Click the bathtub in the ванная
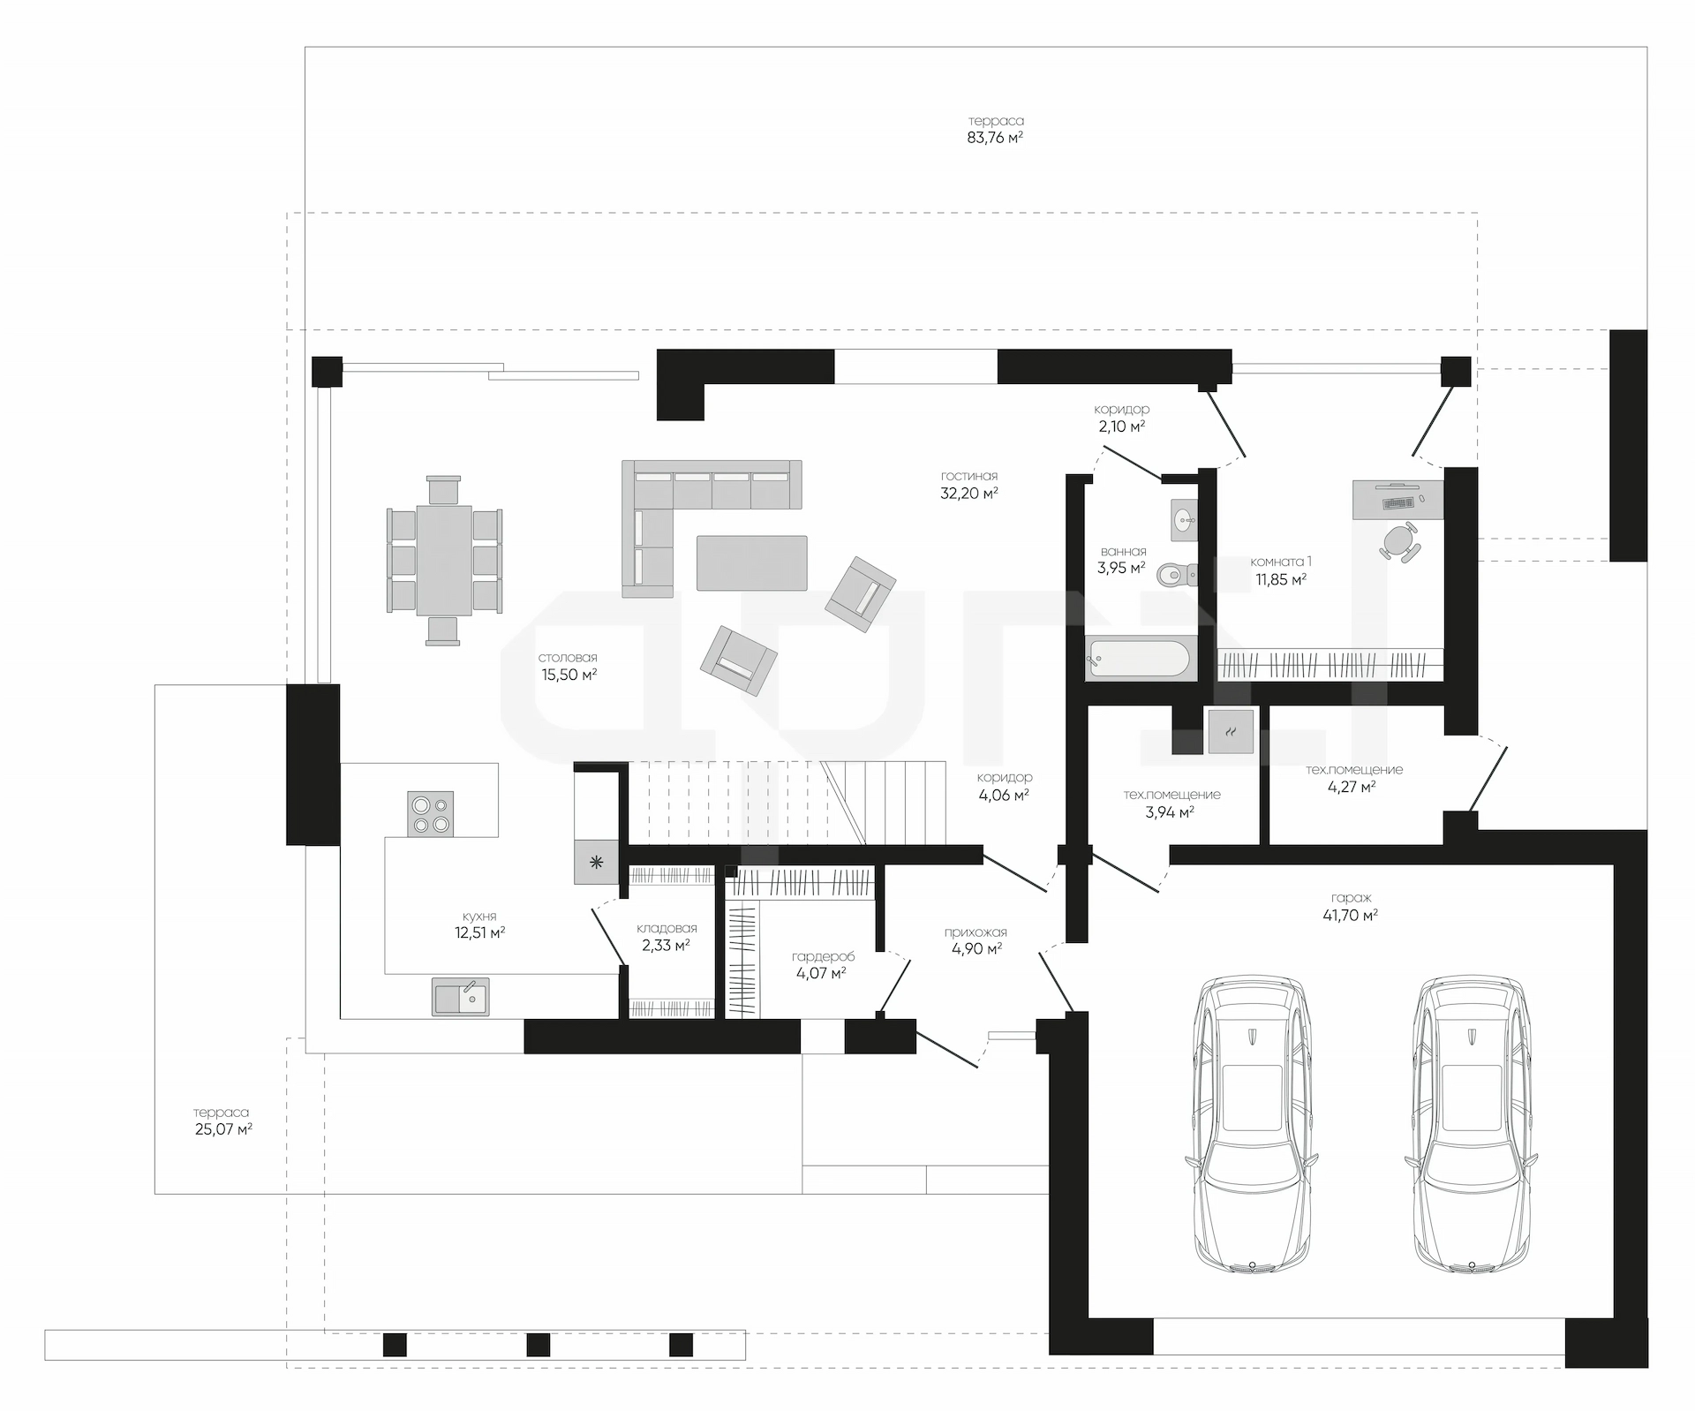tap(1140, 659)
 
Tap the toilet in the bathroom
tap(1177, 575)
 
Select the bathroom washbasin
tap(1184, 520)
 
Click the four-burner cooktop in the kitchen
tap(430, 814)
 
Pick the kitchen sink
tap(460, 997)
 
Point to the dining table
tap(444, 560)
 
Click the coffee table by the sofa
tap(751, 562)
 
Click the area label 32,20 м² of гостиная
tap(969, 494)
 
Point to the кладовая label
tap(667, 928)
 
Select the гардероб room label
tap(823, 956)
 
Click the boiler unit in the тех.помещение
tap(1231, 731)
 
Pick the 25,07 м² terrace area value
tap(223, 1129)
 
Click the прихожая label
tap(976, 932)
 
